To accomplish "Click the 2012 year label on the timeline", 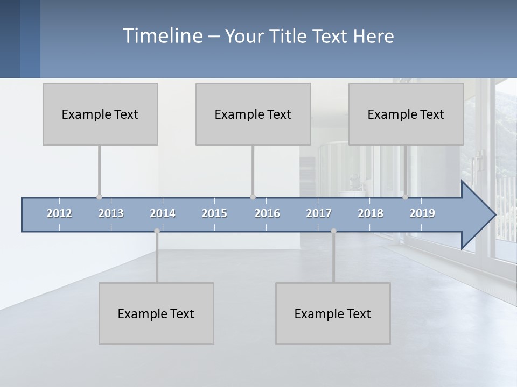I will point(59,213).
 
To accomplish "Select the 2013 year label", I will point(111,213).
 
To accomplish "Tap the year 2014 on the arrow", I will point(163,213).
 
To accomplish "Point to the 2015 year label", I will point(214,213).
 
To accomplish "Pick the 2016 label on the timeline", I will point(267,213).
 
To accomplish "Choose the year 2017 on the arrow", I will point(319,213).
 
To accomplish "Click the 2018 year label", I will point(371,213).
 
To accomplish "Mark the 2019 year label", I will point(422,213).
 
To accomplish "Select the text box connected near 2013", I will point(100,114).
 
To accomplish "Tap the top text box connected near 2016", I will point(253,114).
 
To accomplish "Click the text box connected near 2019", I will point(406,114).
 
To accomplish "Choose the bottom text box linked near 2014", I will point(156,313).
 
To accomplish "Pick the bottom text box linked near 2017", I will point(333,313).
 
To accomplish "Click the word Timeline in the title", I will point(162,36).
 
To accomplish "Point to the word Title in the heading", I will point(290,36).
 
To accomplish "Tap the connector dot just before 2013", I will point(99,197).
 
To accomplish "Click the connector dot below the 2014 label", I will point(157,231).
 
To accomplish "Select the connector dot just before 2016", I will point(253,197).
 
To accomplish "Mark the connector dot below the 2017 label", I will point(333,231).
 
